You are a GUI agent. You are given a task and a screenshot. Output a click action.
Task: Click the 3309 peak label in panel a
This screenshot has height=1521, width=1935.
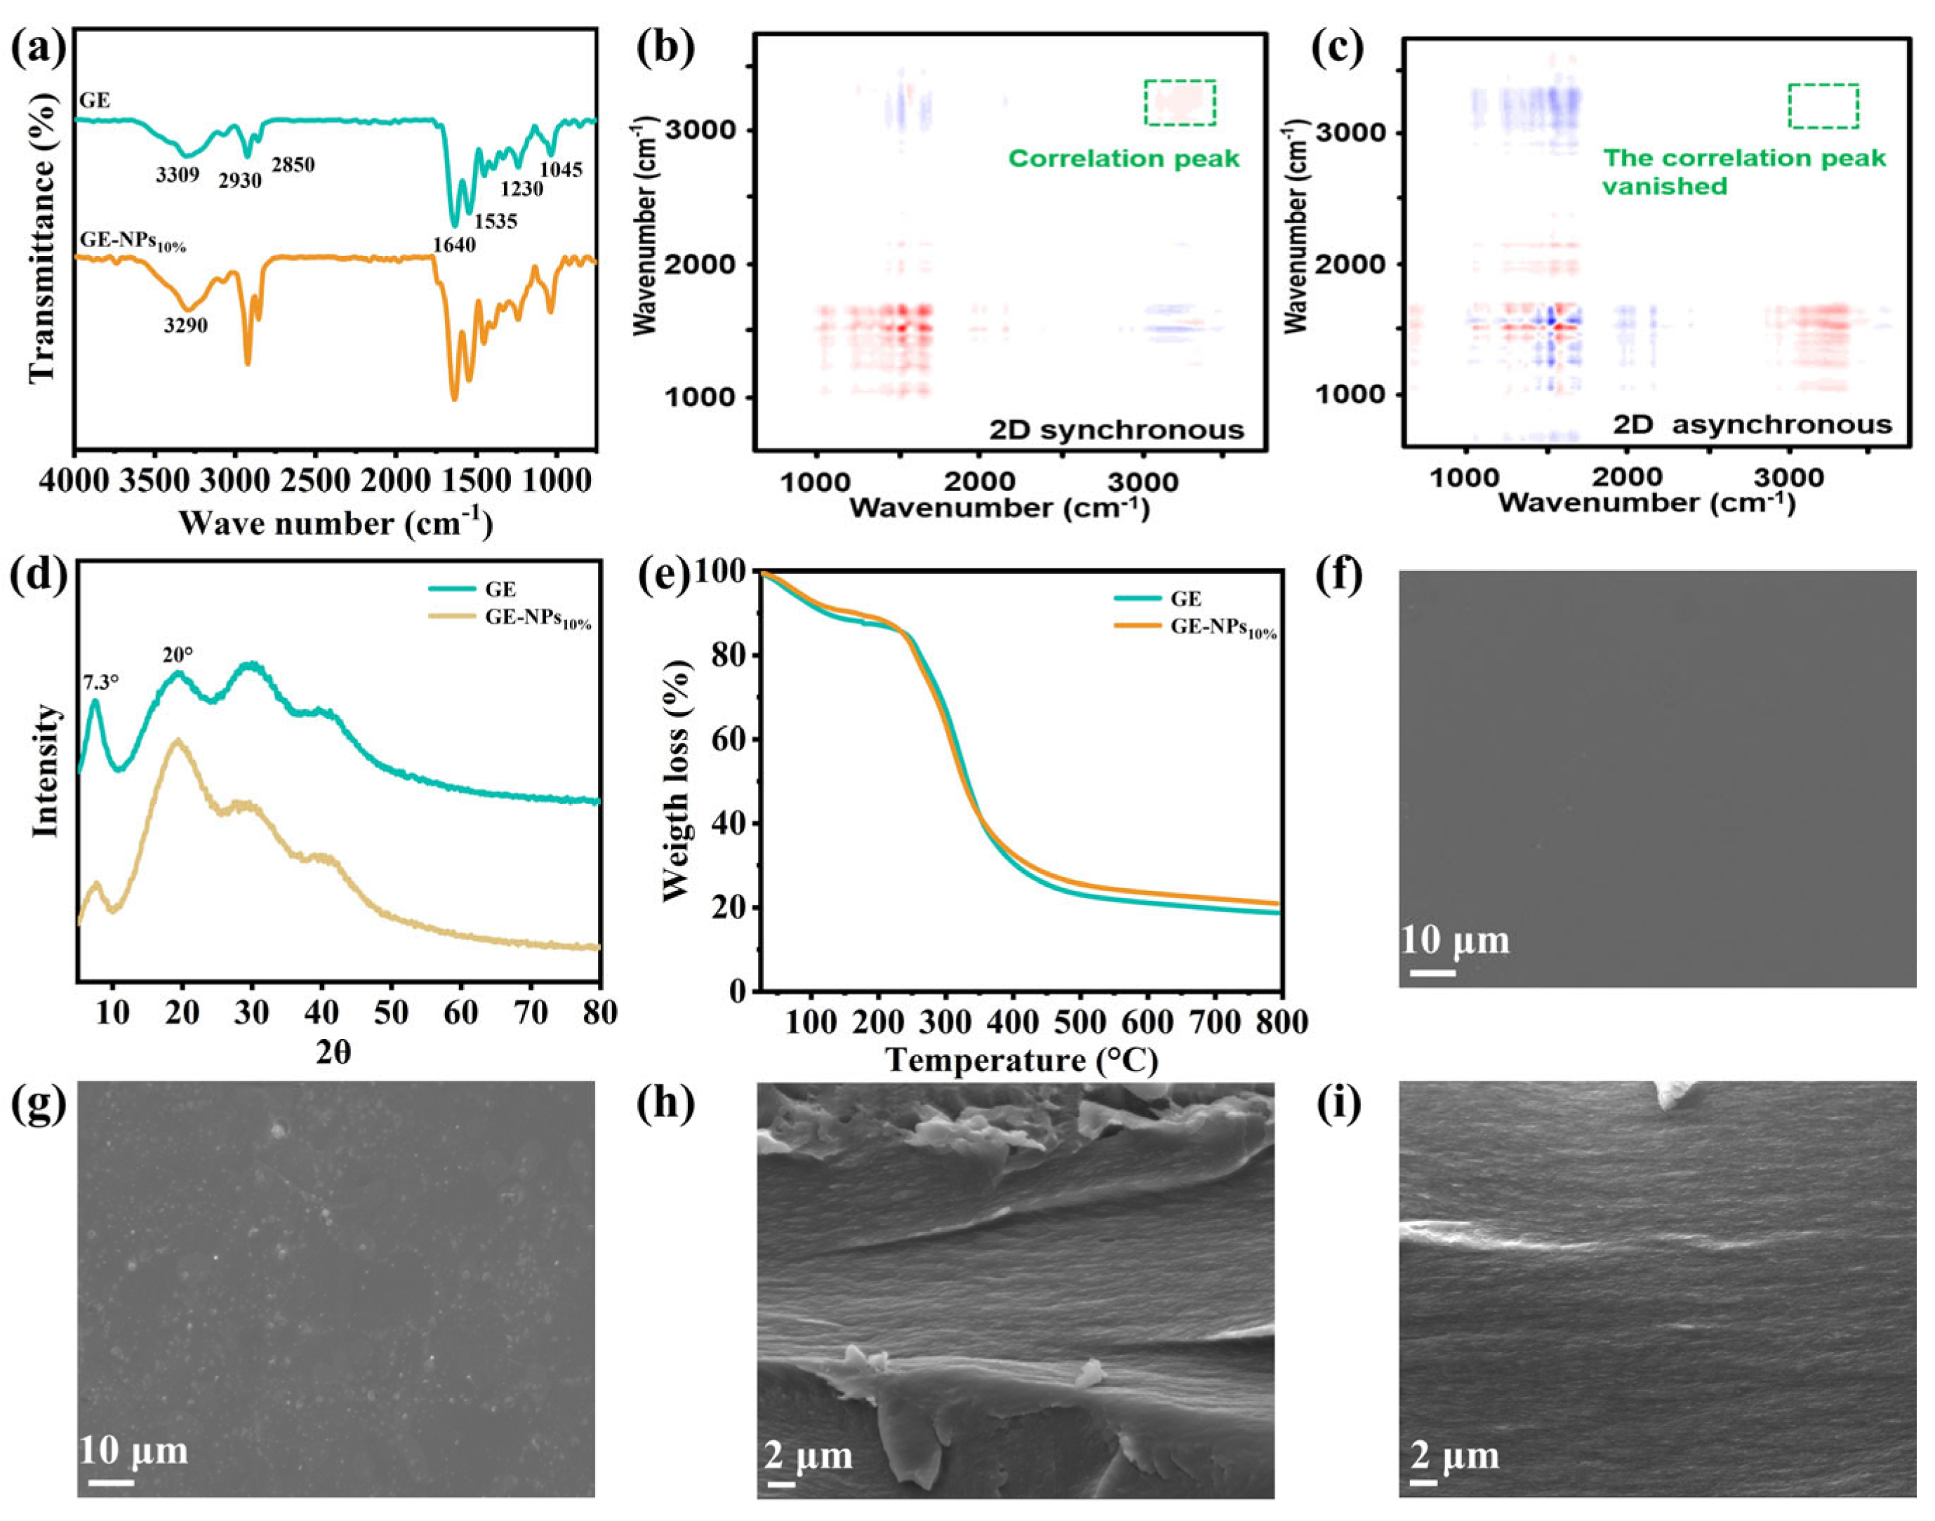pos(178,175)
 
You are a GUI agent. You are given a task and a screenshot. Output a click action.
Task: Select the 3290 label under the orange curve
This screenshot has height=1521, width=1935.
pos(185,325)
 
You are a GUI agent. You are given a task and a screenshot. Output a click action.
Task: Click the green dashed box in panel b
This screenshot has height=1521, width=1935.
pos(1180,102)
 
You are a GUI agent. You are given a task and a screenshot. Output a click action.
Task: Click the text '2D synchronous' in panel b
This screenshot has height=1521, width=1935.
pos(1116,430)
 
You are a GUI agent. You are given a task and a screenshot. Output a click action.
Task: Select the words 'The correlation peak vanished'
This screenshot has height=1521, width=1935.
pos(1743,172)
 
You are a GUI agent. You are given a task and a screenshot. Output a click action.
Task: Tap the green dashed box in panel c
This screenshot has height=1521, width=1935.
pos(1823,106)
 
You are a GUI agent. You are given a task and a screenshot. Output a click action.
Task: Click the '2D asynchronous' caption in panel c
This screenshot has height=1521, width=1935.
pos(1753,424)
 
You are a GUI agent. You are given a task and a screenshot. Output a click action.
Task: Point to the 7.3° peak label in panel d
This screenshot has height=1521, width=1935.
pos(100,683)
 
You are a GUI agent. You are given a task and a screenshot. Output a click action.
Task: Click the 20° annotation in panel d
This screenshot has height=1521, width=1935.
pos(178,655)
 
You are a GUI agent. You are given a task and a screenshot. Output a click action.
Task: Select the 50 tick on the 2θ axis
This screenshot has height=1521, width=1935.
pos(391,1012)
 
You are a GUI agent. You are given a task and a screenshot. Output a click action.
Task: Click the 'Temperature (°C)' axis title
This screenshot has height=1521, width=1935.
pos(1021,1061)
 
